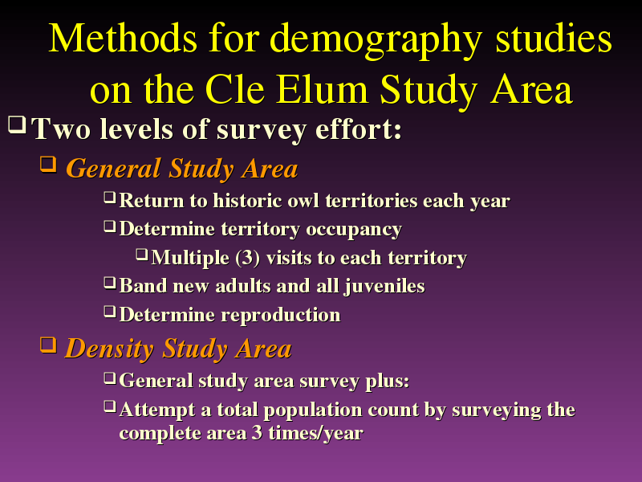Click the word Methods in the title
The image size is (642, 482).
point(123,38)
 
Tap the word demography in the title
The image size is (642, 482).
point(376,41)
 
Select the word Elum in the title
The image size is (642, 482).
point(322,89)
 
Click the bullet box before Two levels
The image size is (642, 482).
point(17,125)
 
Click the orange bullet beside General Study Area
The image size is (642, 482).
point(48,165)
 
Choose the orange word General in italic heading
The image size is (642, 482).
point(113,169)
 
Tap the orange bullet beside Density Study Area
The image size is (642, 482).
point(48,345)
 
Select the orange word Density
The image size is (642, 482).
point(109,349)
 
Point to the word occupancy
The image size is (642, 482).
point(354,230)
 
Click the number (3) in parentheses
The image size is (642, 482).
point(248,258)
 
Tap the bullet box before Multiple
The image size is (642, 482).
point(142,255)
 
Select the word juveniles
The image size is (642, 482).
point(384,287)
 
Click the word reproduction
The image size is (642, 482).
point(281,316)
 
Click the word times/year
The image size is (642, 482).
point(315,434)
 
